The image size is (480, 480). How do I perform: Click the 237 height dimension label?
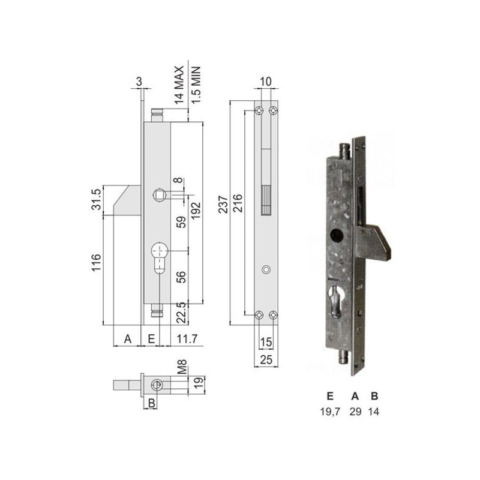(x=223, y=204)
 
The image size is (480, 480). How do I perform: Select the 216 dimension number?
(x=238, y=203)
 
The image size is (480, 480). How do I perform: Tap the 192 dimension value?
(x=196, y=209)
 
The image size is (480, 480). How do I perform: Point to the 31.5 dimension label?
(x=97, y=199)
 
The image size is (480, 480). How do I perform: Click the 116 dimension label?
(x=96, y=262)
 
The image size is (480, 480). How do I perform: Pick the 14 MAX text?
(x=179, y=85)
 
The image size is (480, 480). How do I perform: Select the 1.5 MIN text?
(x=196, y=85)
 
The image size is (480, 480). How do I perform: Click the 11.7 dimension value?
(x=187, y=339)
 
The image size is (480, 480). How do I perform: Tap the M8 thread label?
(x=182, y=367)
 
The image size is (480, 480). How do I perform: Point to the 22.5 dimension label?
(x=182, y=313)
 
